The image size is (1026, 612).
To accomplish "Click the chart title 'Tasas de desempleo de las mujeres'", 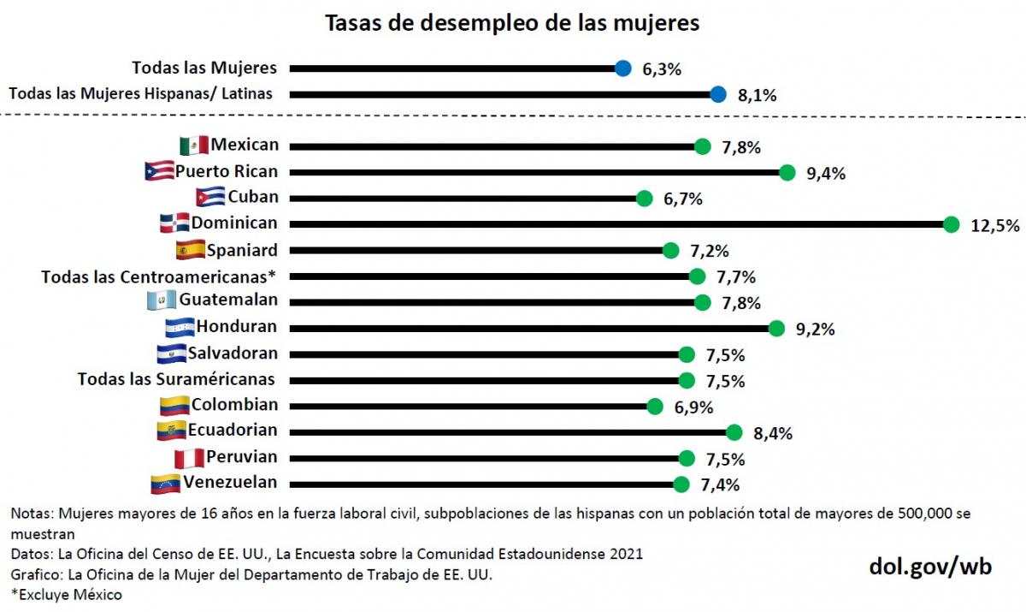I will point(512,23).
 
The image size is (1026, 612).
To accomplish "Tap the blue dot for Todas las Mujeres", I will point(623,68).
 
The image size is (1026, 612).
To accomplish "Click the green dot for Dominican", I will point(951,224).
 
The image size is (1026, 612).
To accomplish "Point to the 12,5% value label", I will point(995,226).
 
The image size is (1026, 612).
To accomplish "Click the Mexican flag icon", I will point(194,146).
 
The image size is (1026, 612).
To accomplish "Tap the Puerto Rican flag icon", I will point(160,172).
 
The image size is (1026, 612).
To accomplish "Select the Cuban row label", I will point(252,197).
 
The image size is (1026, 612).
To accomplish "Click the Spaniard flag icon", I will point(189,250).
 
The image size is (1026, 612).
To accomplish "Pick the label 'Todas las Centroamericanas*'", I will point(160,276).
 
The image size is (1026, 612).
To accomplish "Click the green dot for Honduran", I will point(776,329).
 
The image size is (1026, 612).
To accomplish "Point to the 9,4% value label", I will point(826,174).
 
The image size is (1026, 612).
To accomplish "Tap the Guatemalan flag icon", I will point(162,301).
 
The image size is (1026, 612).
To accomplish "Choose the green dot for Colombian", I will point(655,407).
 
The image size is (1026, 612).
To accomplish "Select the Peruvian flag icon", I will point(189,458).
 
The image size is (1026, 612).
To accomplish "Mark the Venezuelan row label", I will point(230,482).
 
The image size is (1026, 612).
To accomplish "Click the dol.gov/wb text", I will point(930,566).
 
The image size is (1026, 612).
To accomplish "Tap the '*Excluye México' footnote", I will point(66,594).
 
